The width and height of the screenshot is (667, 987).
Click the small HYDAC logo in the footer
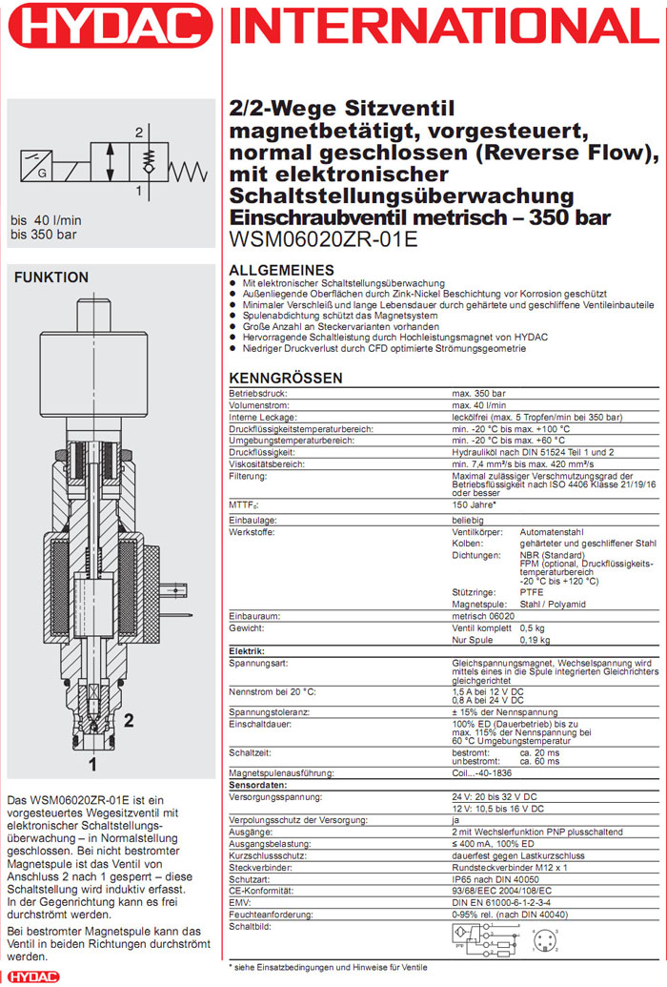click(x=31, y=977)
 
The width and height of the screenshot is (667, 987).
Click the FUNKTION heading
click(x=51, y=278)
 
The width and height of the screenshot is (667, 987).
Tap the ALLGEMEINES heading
click(x=282, y=270)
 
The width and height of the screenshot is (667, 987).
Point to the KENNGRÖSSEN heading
click(x=286, y=379)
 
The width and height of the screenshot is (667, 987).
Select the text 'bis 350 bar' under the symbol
click(x=44, y=235)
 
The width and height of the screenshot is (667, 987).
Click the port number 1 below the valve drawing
click(x=92, y=764)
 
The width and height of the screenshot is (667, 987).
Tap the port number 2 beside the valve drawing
click(x=128, y=721)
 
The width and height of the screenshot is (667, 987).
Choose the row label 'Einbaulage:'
click(x=252, y=520)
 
